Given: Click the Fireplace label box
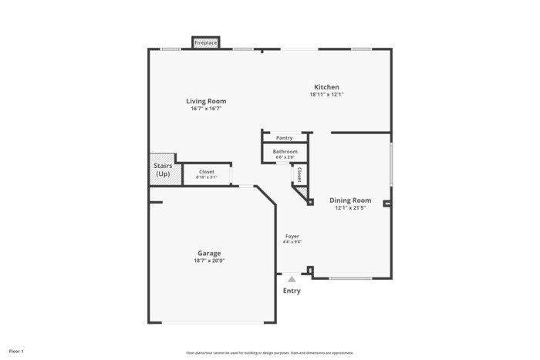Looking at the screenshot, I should tap(205, 42).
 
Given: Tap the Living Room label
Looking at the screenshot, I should tap(206, 101).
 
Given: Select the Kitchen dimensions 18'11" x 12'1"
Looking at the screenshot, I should tap(326, 95).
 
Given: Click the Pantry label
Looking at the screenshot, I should tap(285, 138).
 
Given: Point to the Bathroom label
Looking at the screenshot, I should tap(285, 152).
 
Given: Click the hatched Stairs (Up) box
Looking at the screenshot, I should tap(163, 170).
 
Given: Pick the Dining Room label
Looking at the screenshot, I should tap(350, 200).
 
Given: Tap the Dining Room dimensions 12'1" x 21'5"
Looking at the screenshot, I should tap(350, 208).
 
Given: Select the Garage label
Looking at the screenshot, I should tap(209, 253).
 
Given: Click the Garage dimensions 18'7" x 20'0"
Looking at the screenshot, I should tap(209, 261).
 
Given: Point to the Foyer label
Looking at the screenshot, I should tap(292, 236).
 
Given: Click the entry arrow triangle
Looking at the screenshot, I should tap(292, 279).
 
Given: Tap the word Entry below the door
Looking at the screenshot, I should tap(292, 291).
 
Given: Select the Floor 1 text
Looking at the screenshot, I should tap(16, 351).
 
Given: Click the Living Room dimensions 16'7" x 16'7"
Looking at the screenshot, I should tap(206, 109).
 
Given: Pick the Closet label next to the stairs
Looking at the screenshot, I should tap(207, 172).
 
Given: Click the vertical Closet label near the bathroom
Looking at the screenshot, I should tap(299, 174).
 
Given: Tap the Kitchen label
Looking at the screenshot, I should tap(326, 87).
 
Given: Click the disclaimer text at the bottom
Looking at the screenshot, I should tap(269, 352).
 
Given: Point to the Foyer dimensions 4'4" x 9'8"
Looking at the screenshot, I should tap(292, 242).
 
